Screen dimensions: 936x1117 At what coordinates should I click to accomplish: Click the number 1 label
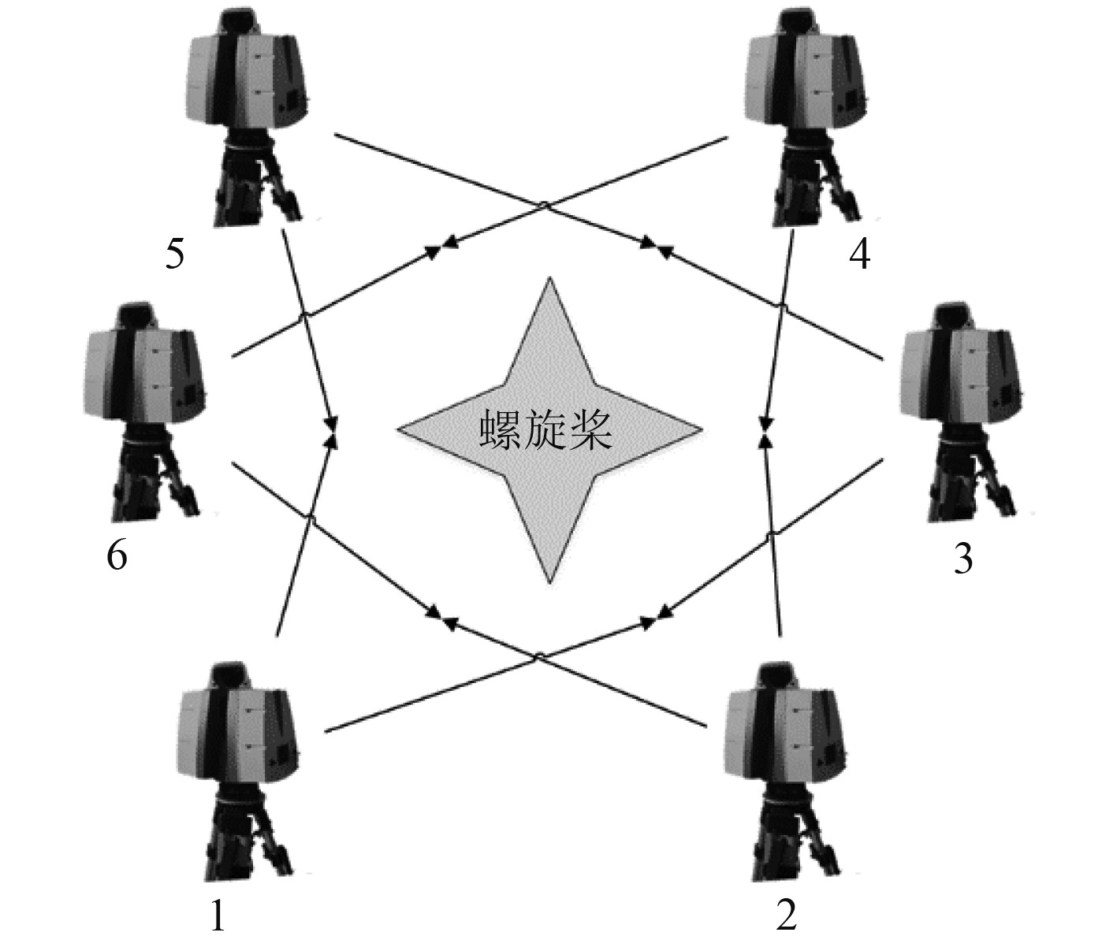click(x=218, y=916)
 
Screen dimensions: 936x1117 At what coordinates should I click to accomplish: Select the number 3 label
click(x=962, y=559)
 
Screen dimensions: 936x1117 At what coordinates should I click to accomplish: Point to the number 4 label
click(x=859, y=254)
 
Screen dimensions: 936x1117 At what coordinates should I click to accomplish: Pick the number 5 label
click(x=175, y=254)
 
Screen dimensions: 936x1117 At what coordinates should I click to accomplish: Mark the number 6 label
click(x=117, y=555)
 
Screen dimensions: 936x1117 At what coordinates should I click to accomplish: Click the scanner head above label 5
click(x=246, y=71)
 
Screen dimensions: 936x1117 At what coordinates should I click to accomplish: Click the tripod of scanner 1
click(x=246, y=835)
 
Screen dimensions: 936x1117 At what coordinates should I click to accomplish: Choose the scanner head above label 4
click(x=804, y=71)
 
